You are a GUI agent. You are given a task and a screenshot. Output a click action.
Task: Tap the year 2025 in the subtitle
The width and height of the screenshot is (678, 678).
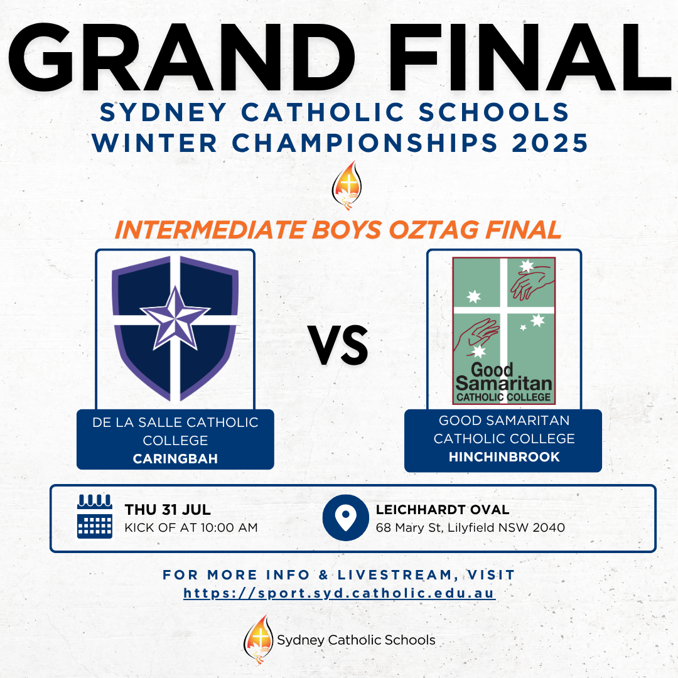(x=549, y=143)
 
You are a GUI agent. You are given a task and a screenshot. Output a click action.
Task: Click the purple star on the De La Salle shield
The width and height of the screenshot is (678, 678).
(x=175, y=318)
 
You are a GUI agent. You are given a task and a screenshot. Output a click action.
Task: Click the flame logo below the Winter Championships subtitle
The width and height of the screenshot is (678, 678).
(x=347, y=185)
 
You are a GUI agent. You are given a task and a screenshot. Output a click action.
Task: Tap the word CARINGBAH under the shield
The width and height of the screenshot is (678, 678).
(x=175, y=458)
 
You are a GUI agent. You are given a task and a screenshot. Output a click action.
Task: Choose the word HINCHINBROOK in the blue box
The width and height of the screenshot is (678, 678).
(x=503, y=456)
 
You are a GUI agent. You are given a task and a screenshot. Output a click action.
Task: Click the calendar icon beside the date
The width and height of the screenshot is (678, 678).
(x=95, y=516)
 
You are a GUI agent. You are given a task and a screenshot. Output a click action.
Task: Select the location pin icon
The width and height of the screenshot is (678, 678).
(x=345, y=517)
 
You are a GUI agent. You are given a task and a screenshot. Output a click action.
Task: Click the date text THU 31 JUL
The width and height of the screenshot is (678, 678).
(x=168, y=509)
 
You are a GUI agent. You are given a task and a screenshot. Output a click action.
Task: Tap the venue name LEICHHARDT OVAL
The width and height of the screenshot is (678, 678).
(x=443, y=509)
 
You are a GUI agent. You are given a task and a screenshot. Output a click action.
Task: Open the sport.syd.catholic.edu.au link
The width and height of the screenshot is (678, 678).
(x=340, y=593)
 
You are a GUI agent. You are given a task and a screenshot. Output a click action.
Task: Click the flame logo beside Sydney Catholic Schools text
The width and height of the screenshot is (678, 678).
(x=259, y=639)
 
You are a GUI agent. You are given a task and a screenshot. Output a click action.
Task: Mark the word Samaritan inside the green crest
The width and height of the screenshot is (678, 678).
(x=503, y=383)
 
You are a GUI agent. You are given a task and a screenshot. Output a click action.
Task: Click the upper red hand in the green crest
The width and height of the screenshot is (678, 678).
(x=532, y=282)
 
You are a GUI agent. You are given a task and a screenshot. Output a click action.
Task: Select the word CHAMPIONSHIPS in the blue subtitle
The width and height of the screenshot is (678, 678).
(x=365, y=143)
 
